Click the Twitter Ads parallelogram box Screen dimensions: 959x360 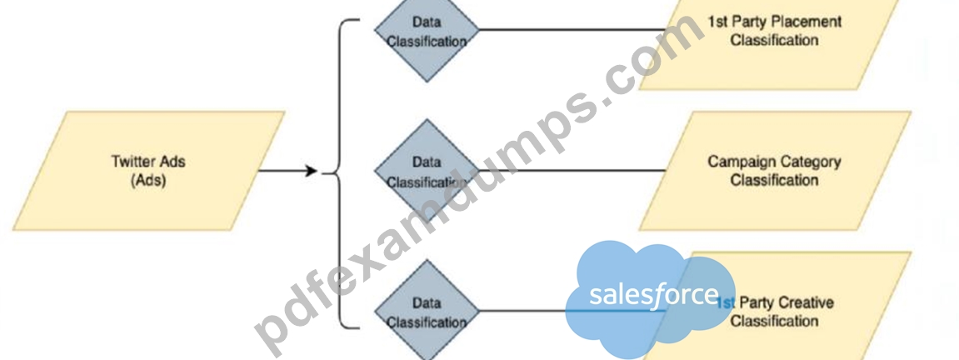pos(148,171)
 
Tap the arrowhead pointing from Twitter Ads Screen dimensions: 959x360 pos(311,171)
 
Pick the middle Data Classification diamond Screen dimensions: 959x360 pos(427,171)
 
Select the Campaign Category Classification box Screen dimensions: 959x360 pos(775,171)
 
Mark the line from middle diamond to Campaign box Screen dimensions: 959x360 pos(572,171)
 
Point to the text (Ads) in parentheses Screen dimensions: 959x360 pos(148,181)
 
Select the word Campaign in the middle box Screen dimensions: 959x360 pos(737,162)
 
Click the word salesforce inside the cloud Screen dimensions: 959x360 pos(654,294)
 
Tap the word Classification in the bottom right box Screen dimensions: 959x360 pos(774,321)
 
